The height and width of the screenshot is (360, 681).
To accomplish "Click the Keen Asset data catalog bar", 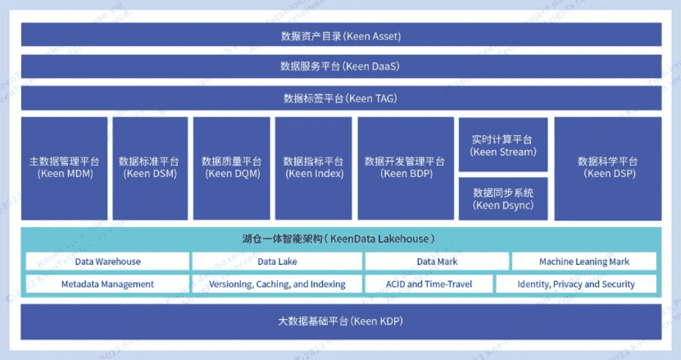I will (340, 36).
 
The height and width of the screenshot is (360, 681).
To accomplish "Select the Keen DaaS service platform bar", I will (340, 66).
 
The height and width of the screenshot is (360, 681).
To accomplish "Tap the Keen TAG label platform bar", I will (340, 98).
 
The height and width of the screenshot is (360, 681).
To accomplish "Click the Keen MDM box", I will (65, 167).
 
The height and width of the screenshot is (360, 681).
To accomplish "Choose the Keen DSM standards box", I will (149, 167).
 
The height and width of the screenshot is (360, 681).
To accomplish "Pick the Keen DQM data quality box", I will (231, 167).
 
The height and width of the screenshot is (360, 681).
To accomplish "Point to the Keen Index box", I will (313, 167).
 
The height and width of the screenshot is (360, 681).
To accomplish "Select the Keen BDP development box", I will (405, 167).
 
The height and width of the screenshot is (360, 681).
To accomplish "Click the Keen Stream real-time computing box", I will (503, 145).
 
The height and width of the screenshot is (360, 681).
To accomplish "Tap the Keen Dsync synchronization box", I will (503, 198).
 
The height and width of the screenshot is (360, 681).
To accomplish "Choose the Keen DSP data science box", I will (607, 167).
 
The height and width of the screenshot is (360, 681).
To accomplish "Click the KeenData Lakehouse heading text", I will (337, 239).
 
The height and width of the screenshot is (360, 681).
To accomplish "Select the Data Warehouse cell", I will (107, 262).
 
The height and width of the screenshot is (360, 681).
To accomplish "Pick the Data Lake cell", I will (277, 262).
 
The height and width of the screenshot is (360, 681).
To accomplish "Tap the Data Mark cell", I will (436, 262).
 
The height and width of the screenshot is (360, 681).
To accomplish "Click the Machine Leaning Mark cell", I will (584, 262).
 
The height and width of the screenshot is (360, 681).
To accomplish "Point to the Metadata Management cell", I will (107, 285).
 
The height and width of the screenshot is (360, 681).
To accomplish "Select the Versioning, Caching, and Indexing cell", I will (277, 285).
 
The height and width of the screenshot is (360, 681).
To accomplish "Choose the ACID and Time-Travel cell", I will (429, 285).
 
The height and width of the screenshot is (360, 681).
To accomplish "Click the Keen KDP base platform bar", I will (340, 321).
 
